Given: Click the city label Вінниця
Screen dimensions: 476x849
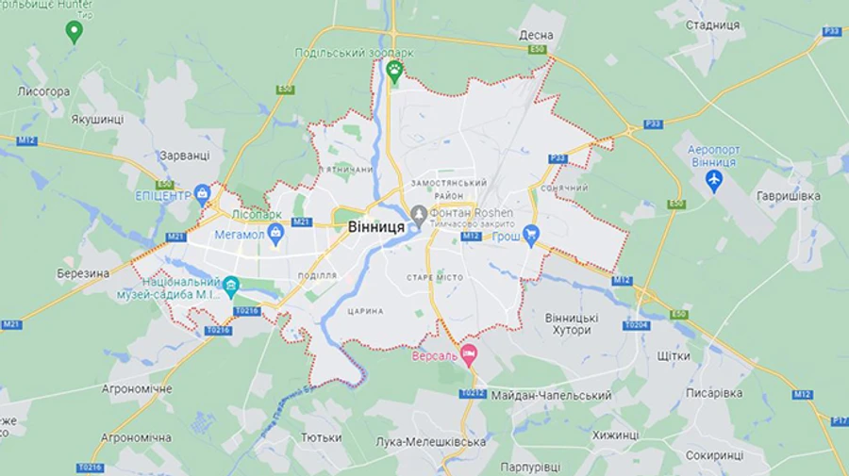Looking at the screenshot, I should pyautogui.click(x=376, y=227).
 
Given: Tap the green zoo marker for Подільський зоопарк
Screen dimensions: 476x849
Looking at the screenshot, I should pyautogui.click(x=394, y=70).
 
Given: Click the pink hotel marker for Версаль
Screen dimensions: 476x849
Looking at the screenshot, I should pyautogui.click(x=469, y=355).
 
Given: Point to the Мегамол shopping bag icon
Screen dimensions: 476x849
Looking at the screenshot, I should pyautogui.click(x=275, y=234).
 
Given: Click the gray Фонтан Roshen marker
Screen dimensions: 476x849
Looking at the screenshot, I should pyautogui.click(x=418, y=213).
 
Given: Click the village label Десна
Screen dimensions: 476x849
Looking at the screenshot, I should pyautogui.click(x=536, y=35).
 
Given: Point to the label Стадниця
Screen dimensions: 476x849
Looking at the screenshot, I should pyautogui.click(x=712, y=25).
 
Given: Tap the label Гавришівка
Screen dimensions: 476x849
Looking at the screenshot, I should pyautogui.click(x=788, y=195).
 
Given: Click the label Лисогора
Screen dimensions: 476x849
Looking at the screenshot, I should pyautogui.click(x=43, y=91).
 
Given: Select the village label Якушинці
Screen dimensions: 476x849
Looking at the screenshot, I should pyautogui.click(x=97, y=120).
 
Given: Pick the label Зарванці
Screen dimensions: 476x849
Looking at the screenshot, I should pyautogui.click(x=184, y=155).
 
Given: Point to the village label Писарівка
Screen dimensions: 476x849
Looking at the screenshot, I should pyautogui.click(x=714, y=392).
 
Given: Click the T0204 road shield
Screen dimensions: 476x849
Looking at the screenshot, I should pyautogui.click(x=636, y=325).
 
